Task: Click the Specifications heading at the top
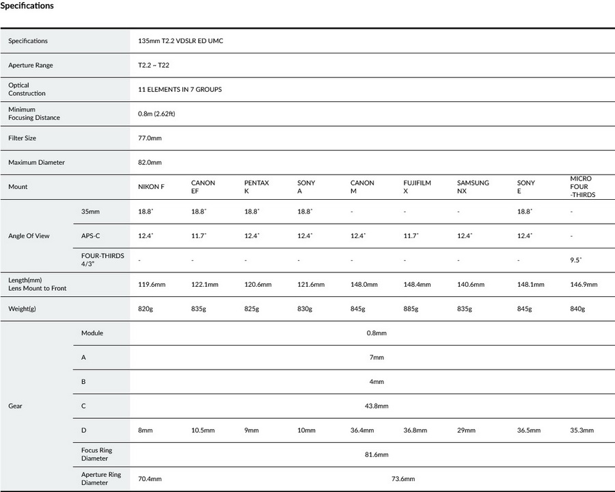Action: click(27, 6)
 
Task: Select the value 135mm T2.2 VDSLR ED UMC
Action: click(180, 41)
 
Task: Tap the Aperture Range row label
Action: click(30, 66)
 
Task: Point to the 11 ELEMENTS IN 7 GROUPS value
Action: click(180, 90)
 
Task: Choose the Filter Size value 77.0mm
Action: click(150, 138)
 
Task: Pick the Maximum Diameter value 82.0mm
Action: click(150, 163)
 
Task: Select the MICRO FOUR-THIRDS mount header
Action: click(582, 187)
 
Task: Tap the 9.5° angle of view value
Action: click(576, 261)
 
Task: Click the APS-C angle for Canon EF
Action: click(199, 236)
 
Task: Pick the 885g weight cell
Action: click(411, 309)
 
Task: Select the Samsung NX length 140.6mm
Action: click(471, 285)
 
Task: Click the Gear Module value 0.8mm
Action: click(376, 333)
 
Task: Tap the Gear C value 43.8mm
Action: click(377, 406)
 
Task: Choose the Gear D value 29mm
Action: click(465, 431)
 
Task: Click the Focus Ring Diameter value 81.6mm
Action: click(377, 455)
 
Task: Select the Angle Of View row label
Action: click(29, 236)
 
